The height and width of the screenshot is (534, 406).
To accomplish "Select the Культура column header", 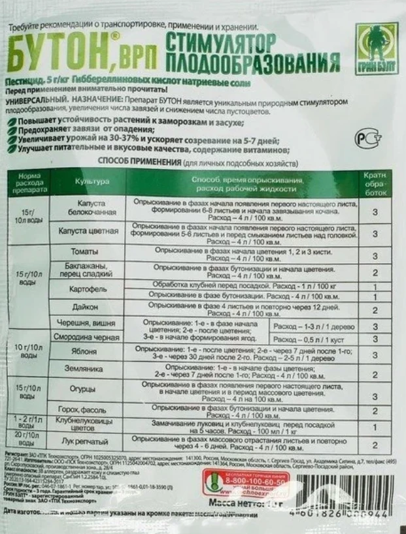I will pos(92,181).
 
